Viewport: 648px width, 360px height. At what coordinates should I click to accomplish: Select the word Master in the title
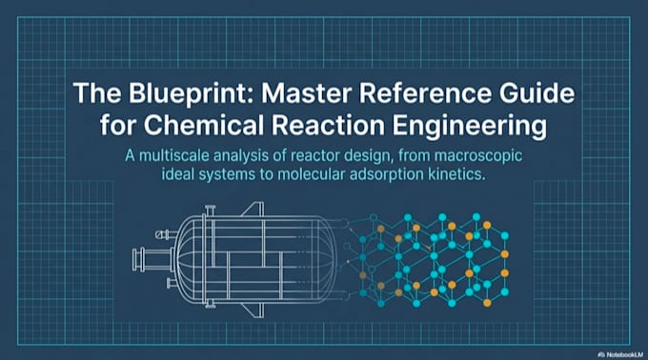pyautogui.click(x=306, y=93)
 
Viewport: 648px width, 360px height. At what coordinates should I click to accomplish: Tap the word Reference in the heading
pyautogui.click(x=425, y=93)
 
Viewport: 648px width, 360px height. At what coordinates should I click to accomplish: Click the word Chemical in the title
pyautogui.click(x=203, y=125)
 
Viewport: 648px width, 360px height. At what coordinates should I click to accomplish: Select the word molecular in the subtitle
pyautogui.click(x=312, y=174)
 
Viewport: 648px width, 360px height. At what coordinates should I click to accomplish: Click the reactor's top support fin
pyautogui.click(x=253, y=209)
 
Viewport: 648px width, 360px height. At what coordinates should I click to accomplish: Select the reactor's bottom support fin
pyautogui.click(x=253, y=310)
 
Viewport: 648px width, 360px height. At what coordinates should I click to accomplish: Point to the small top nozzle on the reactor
pyautogui.click(x=211, y=210)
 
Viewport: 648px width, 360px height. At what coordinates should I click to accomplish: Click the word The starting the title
pyautogui.click(x=97, y=93)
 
